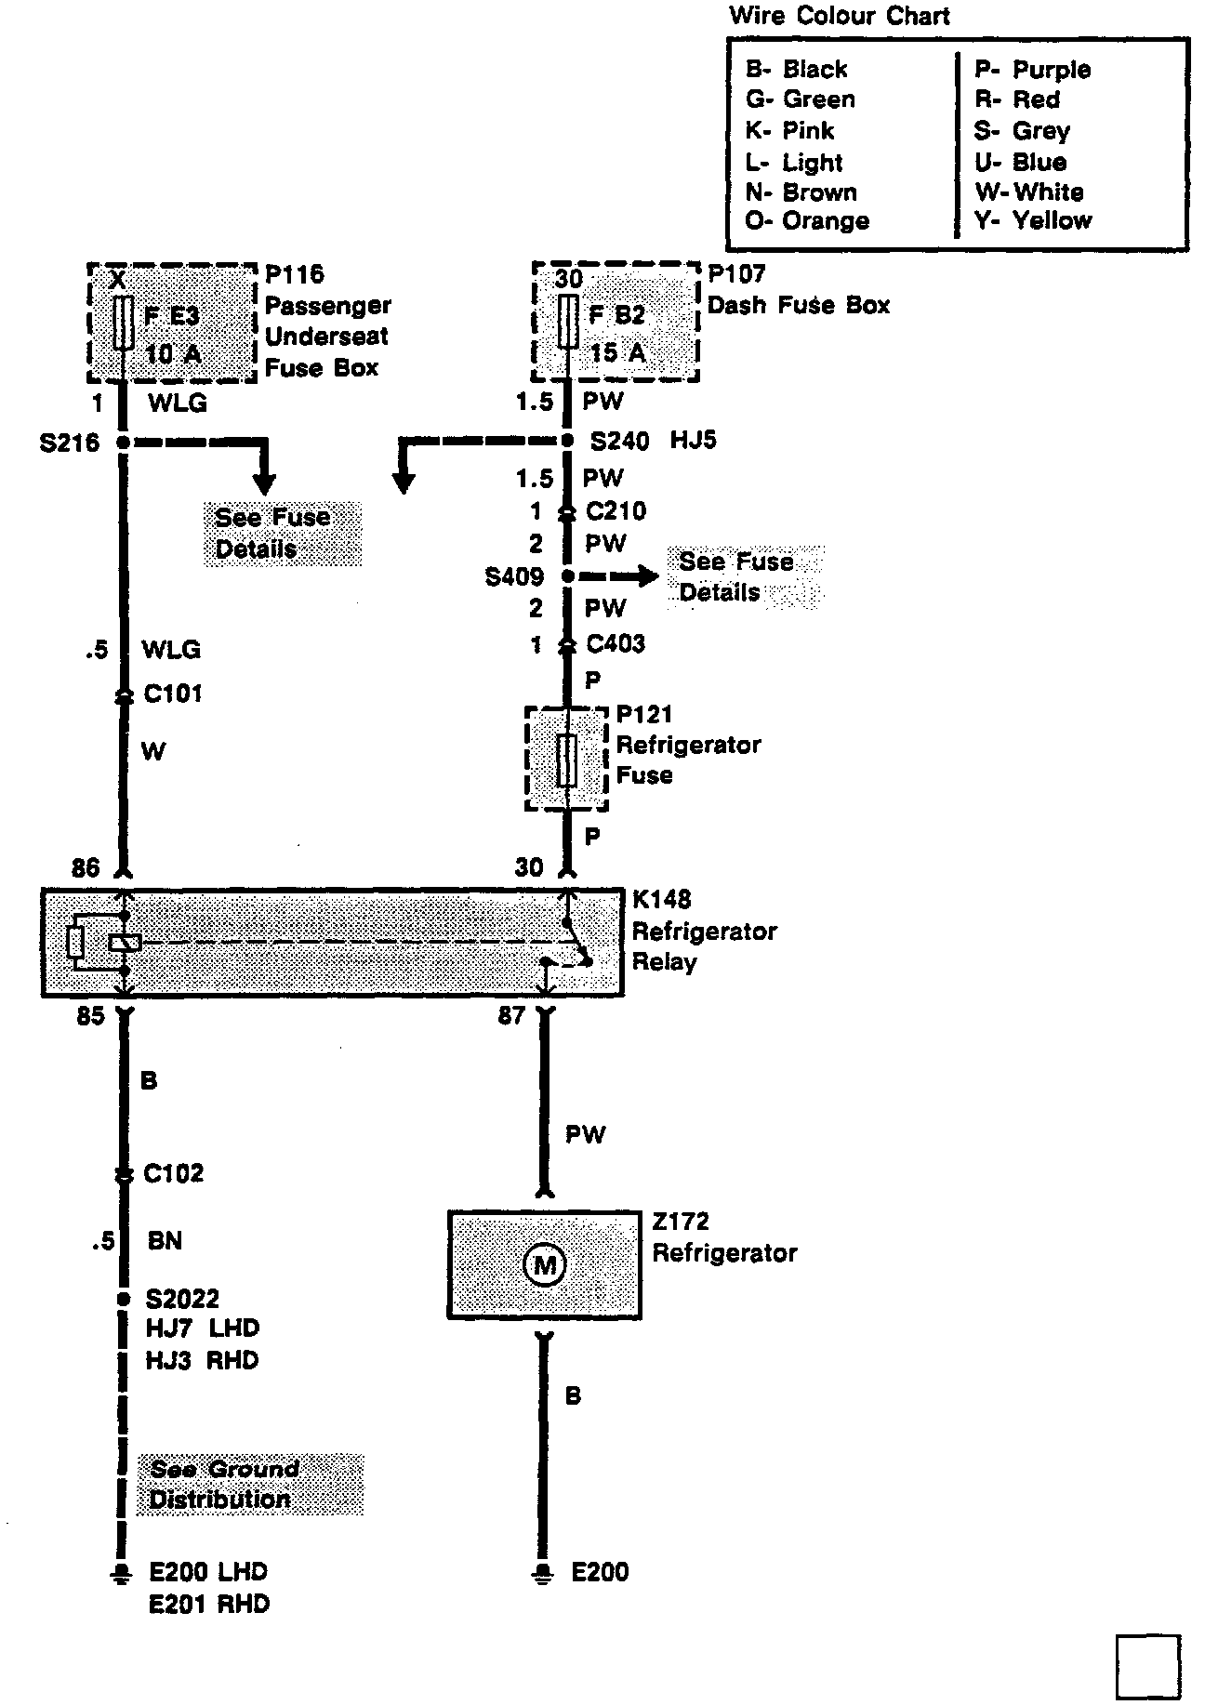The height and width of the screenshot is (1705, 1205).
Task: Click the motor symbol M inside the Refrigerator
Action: pyautogui.click(x=544, y=1264)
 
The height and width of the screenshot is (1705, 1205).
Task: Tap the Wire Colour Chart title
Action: pyautogui.click(x=839, y=16)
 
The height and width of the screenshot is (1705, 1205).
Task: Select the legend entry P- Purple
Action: pyautogui.click(x=1032, y=70)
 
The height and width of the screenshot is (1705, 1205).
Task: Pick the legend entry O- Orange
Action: pyautogui.click(x=807, y=221)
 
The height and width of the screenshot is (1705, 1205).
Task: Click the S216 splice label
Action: pyautogui.click(x=69, y=443)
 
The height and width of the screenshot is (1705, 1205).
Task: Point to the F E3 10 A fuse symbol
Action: pyautogui.click(x=122, y=323)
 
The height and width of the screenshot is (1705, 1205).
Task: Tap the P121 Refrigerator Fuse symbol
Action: pyautogui.click(x=565, y=760)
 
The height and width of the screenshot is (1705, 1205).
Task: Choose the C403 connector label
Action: pyautogui.click(x=615, y=643)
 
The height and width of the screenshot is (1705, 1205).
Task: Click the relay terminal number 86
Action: pyautogui.click(x=85, y=867)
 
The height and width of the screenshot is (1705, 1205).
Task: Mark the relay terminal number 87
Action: pyautogui.click(x=511, y=1015)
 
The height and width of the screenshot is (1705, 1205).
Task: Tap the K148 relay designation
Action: pyautogui.click(x=661, y=900)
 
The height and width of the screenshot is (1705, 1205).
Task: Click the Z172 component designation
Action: pyautogui.click(x=680, y=1222)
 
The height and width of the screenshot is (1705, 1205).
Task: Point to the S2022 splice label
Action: pyautogui.click(x=181, y=1298)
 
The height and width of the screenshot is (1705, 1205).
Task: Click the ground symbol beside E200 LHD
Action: pyautogui.click(x=120, y=1573)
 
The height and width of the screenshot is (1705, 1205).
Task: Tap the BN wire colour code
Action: pyautogui.click(x=165, y=1240)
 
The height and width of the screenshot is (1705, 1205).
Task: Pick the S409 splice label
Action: pyautogui.click(x=514, y=577)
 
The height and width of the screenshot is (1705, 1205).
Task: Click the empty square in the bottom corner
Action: pyautogui.click(x=1146, y=1666)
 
